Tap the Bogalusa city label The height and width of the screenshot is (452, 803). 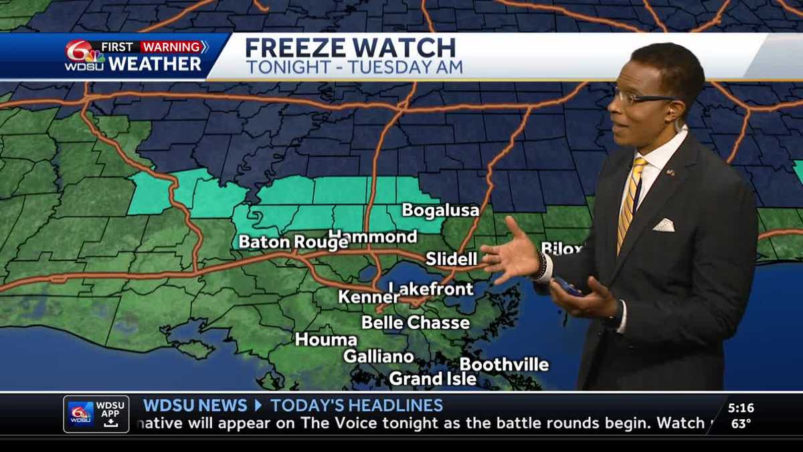[x=440, y=210]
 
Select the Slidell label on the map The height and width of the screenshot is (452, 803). [x=452, y=258]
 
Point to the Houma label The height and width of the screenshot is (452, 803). [x=326, y=340]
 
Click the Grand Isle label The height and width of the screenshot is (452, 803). [x=433, y=379]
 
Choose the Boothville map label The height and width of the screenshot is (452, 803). [x=504, y=365]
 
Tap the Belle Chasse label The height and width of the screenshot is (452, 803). [x=416, y=323]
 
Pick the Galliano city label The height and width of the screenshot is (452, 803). [x=378, y=357]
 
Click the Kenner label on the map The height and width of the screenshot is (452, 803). [x=369, y=297]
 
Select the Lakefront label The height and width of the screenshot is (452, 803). [x=432, y=289]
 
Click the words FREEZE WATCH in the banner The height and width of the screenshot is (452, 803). [x=350, y=48]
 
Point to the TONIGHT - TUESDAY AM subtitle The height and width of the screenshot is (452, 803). [x=354, y=68]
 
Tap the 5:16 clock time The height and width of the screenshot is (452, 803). [x=741, y=408]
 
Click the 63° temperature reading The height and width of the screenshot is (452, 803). [x=741, y=423]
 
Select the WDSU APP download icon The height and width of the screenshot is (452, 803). [x=110, y=423]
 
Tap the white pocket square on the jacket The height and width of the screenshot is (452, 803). [x=664, y=225]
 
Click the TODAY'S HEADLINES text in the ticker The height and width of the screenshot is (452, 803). [x=357, y=405]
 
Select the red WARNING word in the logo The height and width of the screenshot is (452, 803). [x=171, y=48]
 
